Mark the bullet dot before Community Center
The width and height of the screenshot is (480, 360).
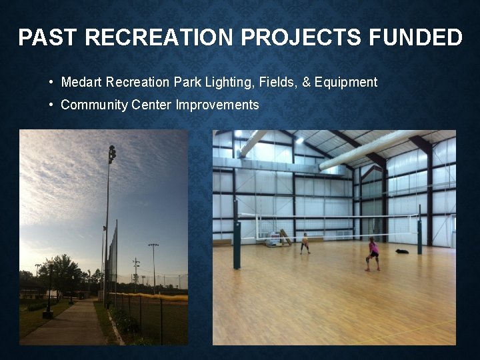click(x=51, y=105)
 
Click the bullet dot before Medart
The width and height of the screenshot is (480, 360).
click(x=51, y=83)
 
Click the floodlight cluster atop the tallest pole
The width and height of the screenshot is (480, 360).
click(x=111, y=154)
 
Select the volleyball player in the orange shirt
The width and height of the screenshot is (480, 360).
click(x=305, y=243)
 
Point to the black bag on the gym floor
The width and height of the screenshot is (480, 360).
click(x=401, y=251)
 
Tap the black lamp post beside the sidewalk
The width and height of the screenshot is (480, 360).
click(x=48, y=290)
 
